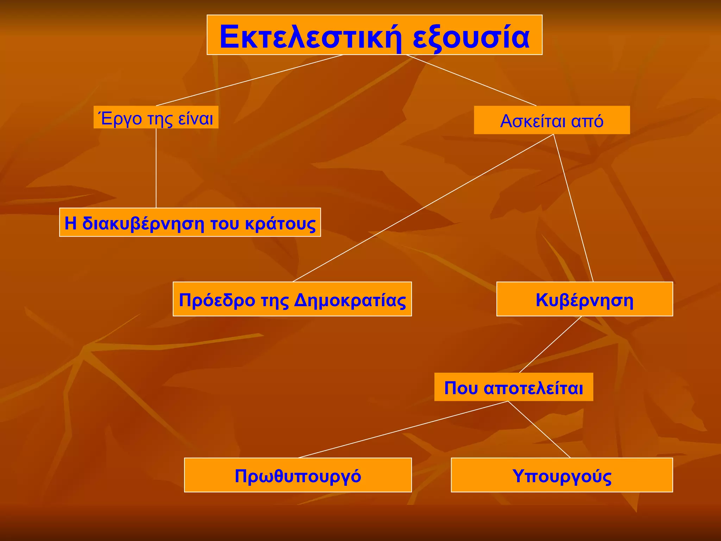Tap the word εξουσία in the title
[x=471, y=37]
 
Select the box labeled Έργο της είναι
[x=156, y=118]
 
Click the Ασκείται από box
[x=552, y=120]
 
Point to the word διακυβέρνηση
[x=143, y=223]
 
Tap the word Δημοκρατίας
[x=350, y=300]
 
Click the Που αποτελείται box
[x=514, y=387]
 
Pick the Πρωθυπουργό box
[x=298, y=475]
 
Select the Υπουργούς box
[x=562, y=475]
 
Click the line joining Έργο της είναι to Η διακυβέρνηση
[x=156, y=168]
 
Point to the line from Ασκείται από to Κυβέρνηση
[x=573, y=208]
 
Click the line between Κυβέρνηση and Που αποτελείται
[x=551, y=344]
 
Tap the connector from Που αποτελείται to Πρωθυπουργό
[x=403, y=429]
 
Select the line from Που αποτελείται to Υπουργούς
[x=539, y=429]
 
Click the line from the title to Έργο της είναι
[x=249, y=80]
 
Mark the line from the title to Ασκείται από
[x=471, y=80]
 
